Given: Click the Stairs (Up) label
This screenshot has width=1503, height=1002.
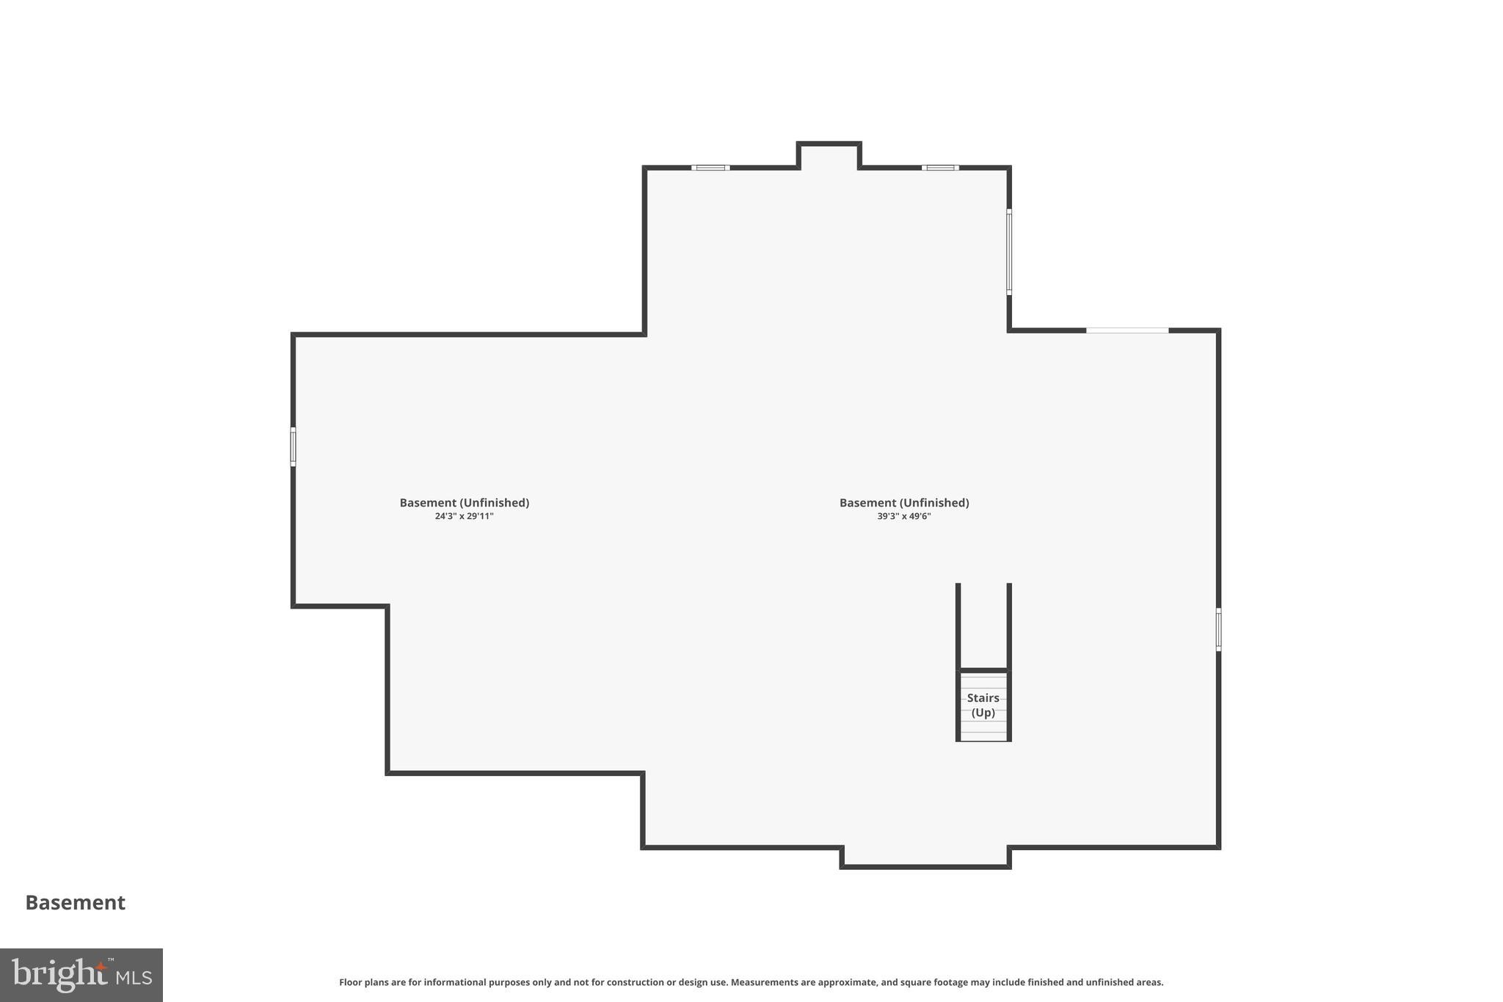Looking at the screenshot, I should (x=983, y=705).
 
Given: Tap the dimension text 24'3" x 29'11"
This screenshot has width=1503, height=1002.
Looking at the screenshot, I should (x=464, y=516).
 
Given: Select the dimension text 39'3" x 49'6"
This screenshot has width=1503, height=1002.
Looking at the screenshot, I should (x=903, y=516).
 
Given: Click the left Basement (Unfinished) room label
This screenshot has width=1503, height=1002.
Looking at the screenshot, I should (x=464, y=503).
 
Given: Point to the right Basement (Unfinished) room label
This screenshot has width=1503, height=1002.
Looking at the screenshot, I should (x=903, y=503).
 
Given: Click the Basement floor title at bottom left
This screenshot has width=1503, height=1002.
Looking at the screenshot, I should (x=75, y=902).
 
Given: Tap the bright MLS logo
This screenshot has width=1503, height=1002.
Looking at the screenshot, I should (x=81, y=975).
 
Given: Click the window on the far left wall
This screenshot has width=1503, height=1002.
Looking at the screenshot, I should (x=293, y=446).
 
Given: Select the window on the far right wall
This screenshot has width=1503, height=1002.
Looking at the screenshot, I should (x=1218, y=629).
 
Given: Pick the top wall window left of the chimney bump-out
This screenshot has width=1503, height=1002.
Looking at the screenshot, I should (x=710, y=168).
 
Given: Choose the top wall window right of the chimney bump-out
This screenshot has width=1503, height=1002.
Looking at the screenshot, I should (x=940, y=168).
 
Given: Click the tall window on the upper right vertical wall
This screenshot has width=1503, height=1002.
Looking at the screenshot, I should (x=1009, y=252).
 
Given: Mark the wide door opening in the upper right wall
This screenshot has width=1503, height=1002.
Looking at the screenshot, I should (x=1127, y=330).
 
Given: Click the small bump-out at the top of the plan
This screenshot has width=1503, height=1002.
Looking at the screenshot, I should (x=829, y=156).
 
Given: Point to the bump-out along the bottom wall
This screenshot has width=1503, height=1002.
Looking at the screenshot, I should (x=925, y=857).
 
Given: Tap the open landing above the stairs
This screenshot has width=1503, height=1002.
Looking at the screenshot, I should (x=983, y=626).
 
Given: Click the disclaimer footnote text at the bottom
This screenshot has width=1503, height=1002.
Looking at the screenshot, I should (x=751, y=982).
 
